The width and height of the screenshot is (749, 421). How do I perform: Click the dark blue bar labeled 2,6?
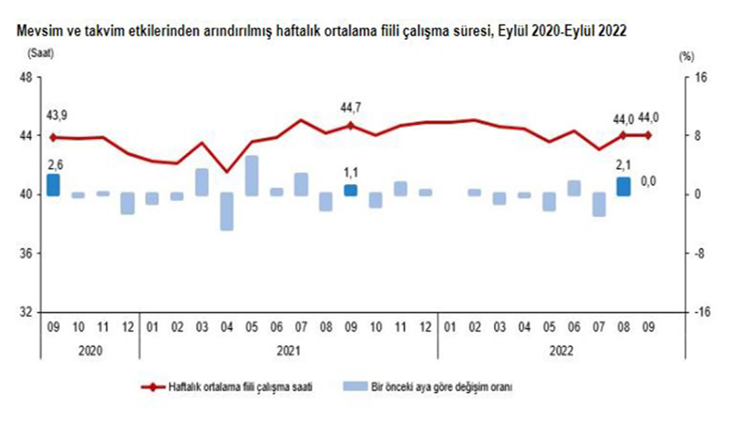[x=53, y=185]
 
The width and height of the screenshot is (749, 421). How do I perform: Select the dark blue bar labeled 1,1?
[x=350, y=190]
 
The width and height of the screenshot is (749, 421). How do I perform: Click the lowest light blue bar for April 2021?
[x=227, y=211]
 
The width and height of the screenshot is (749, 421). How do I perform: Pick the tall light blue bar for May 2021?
[x=252, y=176]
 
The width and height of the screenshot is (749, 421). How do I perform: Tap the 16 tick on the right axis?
[x=695, y=77]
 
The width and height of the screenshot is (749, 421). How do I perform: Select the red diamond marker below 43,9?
[x=53, y=137]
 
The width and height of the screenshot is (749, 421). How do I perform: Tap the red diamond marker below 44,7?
[x=350, y=125]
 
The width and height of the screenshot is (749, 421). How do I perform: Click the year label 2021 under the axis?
[x=288, y=351]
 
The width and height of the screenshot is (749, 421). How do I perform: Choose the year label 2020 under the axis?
[x=90, y=351]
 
